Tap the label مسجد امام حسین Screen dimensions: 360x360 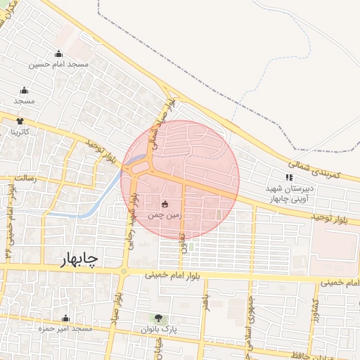[x=58, y=65]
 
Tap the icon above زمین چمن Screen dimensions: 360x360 [x=165, y=204]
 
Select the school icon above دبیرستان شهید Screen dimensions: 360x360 [x=288, y=177]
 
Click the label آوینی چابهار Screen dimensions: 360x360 [x=290, y=200]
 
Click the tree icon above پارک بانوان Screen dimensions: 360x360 [x=158, y=318]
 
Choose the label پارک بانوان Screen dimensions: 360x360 [x=159, y=329]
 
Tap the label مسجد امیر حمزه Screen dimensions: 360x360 [x=65, y=329]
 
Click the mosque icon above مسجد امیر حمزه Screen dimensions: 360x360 [x=65, y=318]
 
